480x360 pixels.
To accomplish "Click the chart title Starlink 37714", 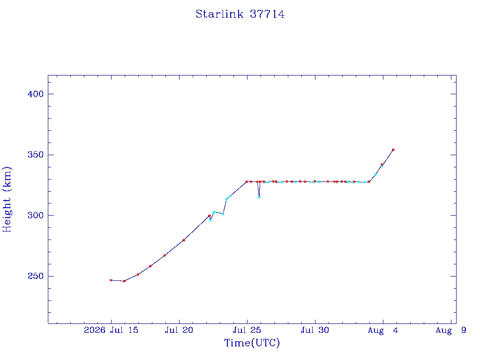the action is pos(240,14).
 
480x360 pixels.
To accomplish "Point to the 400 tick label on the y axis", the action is pos(36,94).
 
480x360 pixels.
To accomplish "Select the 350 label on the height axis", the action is pos(36,155).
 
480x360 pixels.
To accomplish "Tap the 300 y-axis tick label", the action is pos(36,216).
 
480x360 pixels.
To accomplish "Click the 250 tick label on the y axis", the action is pos(36,276).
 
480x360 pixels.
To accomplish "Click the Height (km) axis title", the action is pos(7,199).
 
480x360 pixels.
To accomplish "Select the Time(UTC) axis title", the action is pos(252,343).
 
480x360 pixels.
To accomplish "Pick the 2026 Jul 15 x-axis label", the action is pos(111,330).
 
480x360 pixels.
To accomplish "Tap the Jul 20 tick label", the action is pos(179,330).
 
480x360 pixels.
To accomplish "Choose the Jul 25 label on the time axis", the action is pos(247,330).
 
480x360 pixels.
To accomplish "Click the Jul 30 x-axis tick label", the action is pos(315,330).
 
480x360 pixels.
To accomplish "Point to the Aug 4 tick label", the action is pos(383,330).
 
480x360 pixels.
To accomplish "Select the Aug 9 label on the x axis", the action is pos(451,330).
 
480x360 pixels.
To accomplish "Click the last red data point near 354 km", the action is pos(393,150).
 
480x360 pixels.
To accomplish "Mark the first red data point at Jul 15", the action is pos(111,280).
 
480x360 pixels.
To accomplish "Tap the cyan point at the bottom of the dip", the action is pos(259,197).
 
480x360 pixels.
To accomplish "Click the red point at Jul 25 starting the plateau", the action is pos(247,182).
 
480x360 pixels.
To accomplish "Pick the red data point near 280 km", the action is pos(184,240).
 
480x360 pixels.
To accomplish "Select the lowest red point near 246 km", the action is pos(124,281).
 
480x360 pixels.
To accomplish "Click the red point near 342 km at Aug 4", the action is pos(382,165).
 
